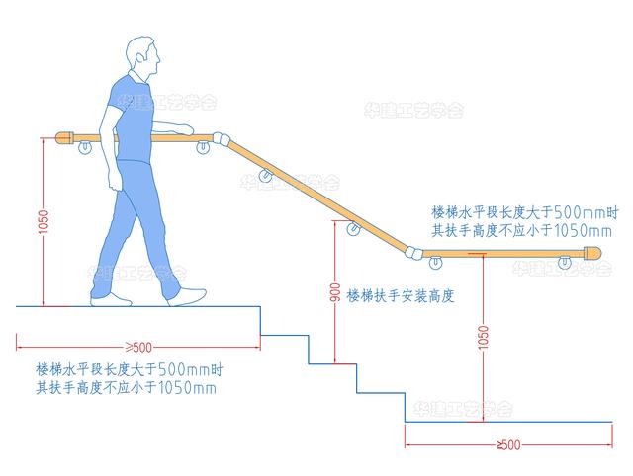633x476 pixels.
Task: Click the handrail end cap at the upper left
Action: click(x=63, y=138)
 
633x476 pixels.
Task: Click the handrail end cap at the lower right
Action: click(x=592, y=254)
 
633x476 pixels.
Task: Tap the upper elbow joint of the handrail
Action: click(x=222, y=139)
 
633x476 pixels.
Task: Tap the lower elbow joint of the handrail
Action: click(x=413, y=252)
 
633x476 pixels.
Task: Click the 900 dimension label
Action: click(x=335, y=292)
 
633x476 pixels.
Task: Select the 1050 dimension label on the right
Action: click(x=483, y=337)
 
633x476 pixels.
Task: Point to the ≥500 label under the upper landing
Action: click(x=138, y=347)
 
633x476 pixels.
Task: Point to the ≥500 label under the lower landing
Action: click(x=508, y=445)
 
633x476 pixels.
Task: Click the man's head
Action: click(x=141, y=55)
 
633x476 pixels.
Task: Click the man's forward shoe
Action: click(x=188, y=296)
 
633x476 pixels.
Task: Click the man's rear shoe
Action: click(x=110, y=300)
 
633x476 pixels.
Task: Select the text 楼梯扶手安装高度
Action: click(x=401, y=296)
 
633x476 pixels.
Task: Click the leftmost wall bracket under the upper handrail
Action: click(x=85, y=147)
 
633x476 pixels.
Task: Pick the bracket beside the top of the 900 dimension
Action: click(x=353, y=228)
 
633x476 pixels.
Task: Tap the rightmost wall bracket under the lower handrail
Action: click(x=565, y=263)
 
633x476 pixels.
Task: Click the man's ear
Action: click(x=140, y=57)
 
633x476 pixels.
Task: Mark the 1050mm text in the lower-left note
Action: click(x=187, y=388)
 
